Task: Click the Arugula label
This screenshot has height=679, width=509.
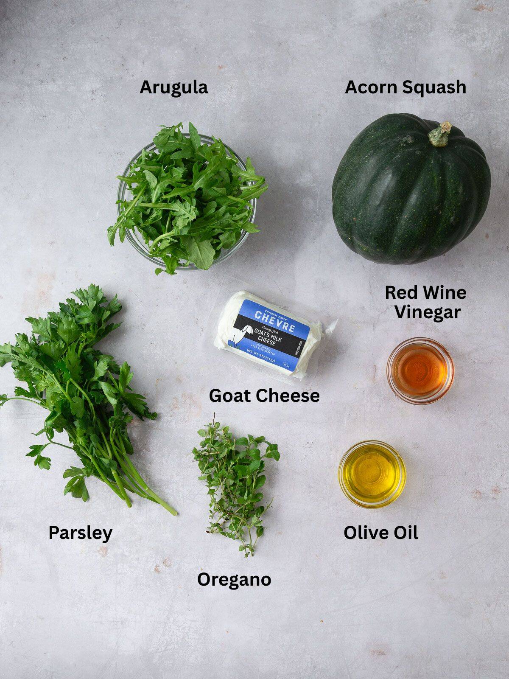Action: click(x=173, y=87)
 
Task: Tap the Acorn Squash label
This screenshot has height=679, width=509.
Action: click(x=406, y=87)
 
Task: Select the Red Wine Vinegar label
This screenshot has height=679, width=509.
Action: click(x=425, y=302)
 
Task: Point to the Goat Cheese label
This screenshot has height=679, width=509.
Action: click(x=264, y=396)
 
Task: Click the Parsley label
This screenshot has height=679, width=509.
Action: click(x=80, y=533)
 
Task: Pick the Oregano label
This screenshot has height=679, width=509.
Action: click(x=234, y=579)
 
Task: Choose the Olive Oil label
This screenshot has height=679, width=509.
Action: click(x=380, y=533)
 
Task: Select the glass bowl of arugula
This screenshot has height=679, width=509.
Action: click(x=187, y=199)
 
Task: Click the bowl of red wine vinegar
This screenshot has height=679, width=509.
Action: click(x=420, y=370)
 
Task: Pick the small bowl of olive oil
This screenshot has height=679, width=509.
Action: click(x=372, y=474)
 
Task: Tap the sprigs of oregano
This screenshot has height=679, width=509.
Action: click(x=235, y=480)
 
